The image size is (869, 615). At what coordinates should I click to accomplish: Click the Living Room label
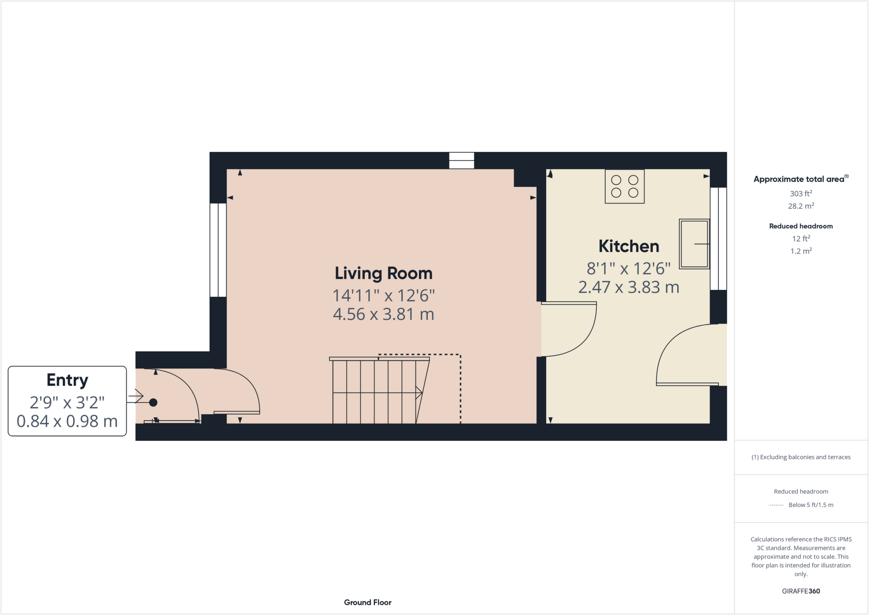pyautogui.click(x=383, y=274)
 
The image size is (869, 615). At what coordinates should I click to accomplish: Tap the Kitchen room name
pyautogui.click(x=628, y=247)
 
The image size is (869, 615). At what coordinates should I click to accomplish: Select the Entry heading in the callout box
pyautogui.click(x=67, y=380)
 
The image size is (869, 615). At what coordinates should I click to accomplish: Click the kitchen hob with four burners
pyautogui.click(x=624, y=186)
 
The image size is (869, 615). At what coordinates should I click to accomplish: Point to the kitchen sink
pyautogui.click(x=694, y=244)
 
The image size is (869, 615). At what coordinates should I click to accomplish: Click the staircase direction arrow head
pyautogui.click(x=419, y=393)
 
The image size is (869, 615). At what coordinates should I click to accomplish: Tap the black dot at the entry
pyautogui.click(x=153, y=402)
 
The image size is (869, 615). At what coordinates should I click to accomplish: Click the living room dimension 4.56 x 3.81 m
pyautogui.click(x=383, y=315)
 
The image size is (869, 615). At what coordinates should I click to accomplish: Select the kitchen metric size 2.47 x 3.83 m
pyautogui.click(x=628, y=288)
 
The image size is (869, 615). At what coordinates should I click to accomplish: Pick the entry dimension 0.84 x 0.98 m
pyautogui.click(x=67, y=421)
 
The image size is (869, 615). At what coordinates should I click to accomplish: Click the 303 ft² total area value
pyautogui.click(x=801, y=194)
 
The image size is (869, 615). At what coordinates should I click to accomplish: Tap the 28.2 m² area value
pyautogui.click(x=801, y=206)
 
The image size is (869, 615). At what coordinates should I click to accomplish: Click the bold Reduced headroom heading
pyautogui.click(x=801, y=226)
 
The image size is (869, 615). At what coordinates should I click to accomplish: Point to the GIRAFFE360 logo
pyautogui.click(x=801, y=591)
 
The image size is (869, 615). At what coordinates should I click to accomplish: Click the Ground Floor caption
pyautogui.click(x=367, y=602)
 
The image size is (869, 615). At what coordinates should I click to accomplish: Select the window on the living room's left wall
pyautogui.click(x=218, y=250)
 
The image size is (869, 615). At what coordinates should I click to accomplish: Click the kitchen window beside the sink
pyautogui.click(x=718, y=239)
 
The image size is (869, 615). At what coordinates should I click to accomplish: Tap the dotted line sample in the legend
pyautogui.click(x=776, y=505)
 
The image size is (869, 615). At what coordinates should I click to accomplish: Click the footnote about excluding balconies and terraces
pyautogui.click(x=801, y=457)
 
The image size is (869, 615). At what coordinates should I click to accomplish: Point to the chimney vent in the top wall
pyautogui.click(x=462, y=160)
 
